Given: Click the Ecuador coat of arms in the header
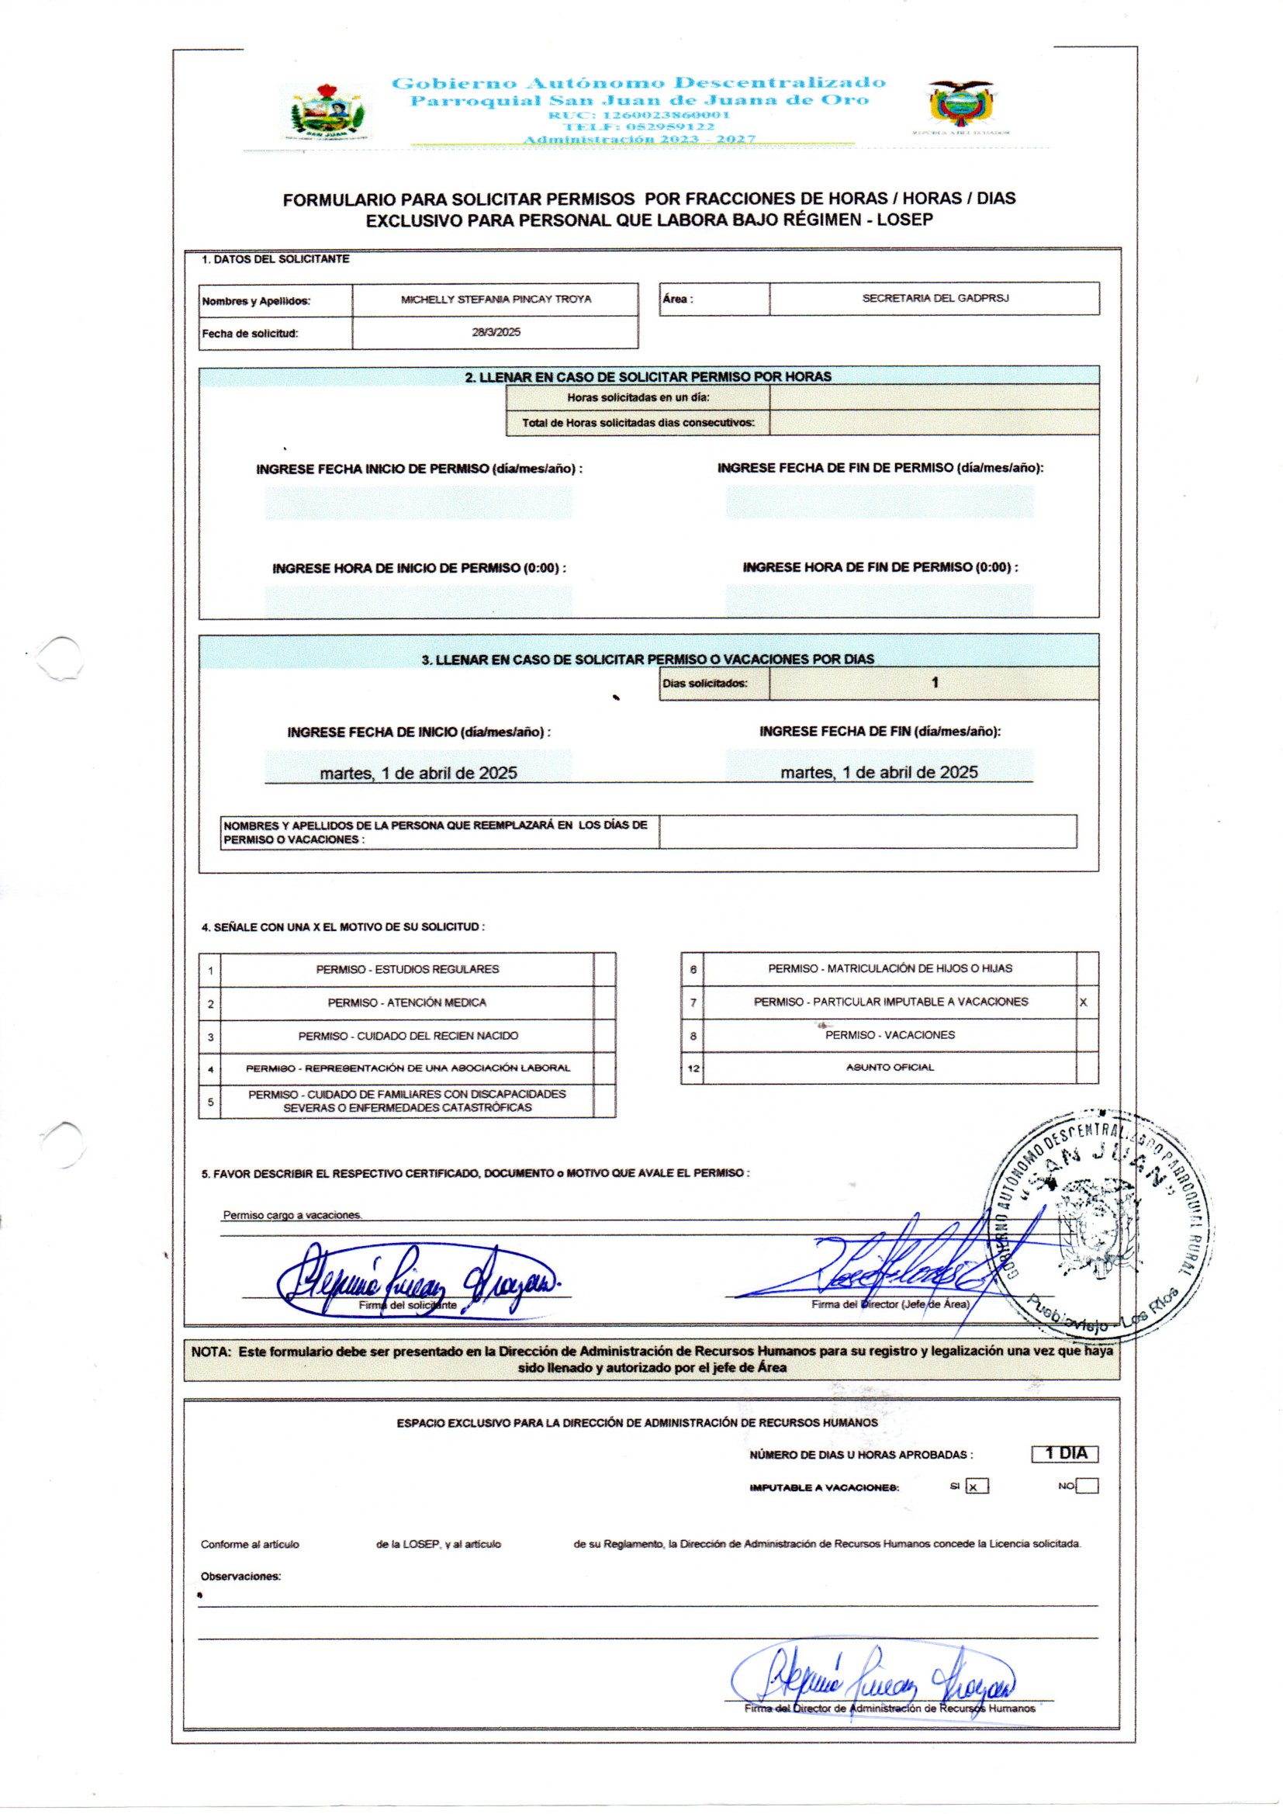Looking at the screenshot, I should [960, 102].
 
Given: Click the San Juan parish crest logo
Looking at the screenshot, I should [327, 113].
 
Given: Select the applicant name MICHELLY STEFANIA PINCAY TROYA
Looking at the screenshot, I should [496, 299].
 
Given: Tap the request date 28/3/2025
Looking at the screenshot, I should [496, 333].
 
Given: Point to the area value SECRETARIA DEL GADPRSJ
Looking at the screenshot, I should [935, 299].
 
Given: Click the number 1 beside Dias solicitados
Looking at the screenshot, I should [935, 683].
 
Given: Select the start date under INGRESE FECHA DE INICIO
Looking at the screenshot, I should [418, 773].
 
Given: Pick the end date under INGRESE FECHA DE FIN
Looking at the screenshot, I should [879, 772].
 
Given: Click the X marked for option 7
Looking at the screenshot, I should [1083, 1002].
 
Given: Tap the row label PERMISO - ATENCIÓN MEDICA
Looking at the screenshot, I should [407, 1002].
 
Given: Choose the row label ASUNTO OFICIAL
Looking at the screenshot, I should [890, 1068].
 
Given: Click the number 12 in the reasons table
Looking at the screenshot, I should [693, 1068].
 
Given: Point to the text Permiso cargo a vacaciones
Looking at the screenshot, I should [292, 1215].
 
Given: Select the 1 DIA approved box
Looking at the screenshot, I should [1065, 1454].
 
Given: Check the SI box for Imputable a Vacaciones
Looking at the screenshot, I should [977, 1487].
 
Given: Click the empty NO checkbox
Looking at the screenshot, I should [1087, 1486].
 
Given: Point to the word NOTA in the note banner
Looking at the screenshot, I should [210, 1352].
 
